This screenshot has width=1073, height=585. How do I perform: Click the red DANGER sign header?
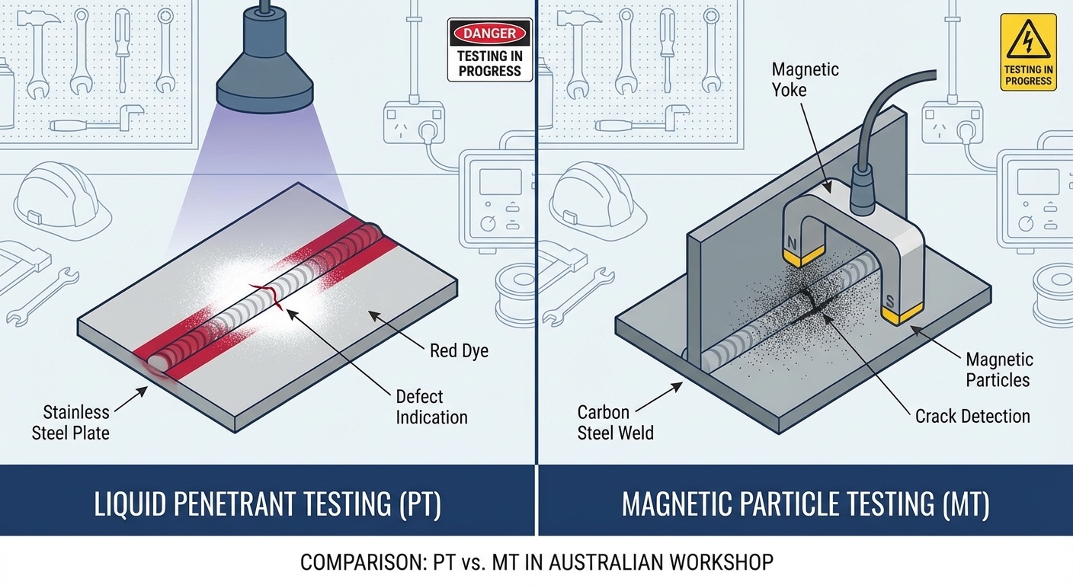489,34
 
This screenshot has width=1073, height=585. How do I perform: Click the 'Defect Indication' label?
431,407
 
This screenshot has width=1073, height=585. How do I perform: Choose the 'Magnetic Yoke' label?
805,79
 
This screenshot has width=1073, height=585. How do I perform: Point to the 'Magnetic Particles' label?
999,369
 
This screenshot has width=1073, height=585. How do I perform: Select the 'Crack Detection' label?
972,416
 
